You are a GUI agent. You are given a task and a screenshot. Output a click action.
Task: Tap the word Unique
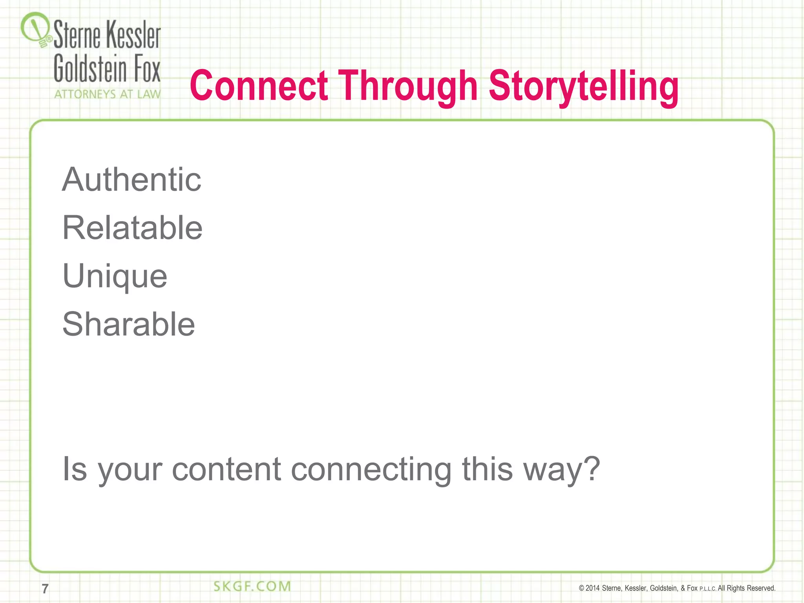[115, 276]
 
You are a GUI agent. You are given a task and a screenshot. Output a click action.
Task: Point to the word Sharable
[128, 324]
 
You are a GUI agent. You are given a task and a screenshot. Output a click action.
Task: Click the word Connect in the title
[259, 86]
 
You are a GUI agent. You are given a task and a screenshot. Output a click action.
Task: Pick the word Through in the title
[408, 86]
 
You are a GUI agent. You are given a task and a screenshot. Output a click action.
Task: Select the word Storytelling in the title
[584, 86]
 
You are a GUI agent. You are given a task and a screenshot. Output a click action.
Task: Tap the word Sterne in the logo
[77, 35]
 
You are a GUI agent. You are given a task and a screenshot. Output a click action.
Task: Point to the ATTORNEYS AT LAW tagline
[107, 94]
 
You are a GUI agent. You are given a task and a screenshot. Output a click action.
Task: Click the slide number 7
[45, 589]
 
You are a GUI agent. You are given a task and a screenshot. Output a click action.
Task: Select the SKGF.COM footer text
[252, 587]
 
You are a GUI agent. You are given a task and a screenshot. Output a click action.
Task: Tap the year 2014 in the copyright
[592, 588]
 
